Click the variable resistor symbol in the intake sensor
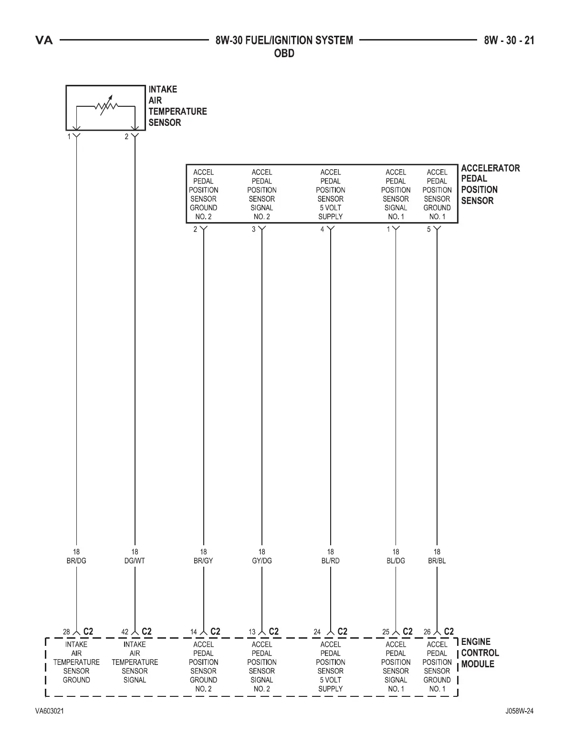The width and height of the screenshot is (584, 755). coord(105,107)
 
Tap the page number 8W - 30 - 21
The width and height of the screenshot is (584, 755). coord(509,41)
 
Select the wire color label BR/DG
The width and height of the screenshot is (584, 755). coord(76,561)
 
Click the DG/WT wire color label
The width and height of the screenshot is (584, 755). coord(135,561)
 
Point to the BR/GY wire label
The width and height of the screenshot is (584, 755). coord(203,561)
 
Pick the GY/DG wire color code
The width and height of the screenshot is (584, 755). coord(262,561)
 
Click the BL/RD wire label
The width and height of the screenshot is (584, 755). coord(330,561)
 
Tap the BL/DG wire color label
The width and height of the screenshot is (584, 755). coord(396,561)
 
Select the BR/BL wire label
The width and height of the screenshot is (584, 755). coord(437,561)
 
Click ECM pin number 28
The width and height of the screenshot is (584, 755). coord(67,632)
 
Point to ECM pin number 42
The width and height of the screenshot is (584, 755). coord(125,632)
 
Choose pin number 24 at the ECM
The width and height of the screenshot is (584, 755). coord(317,632)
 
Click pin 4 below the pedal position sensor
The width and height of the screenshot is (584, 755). coord(322,230)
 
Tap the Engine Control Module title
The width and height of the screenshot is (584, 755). coord(480,653)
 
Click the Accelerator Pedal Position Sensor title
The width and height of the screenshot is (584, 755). coord(490,184)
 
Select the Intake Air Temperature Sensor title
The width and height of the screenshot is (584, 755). coord(177,106)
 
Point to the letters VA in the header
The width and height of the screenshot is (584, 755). coord(44,41)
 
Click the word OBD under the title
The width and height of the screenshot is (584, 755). coord(284,53)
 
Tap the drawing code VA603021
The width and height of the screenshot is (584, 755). coord(50,711)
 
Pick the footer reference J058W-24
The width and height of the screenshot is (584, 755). coord(519,711)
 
